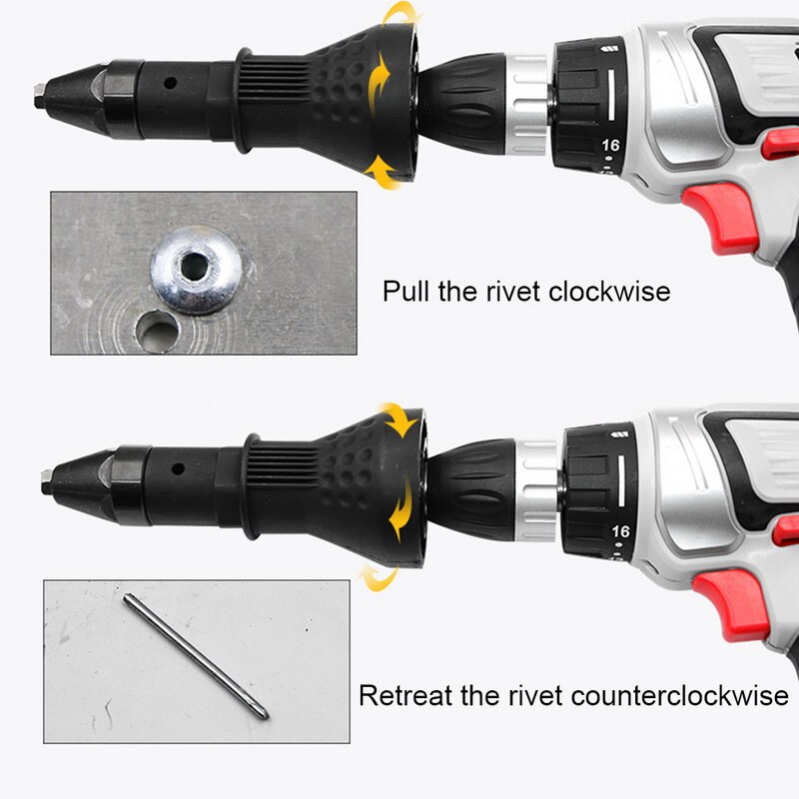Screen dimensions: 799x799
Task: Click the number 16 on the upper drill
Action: click(610, 145)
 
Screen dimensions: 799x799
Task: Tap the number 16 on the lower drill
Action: click(621, 531)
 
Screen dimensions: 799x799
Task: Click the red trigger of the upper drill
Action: click(721, 216)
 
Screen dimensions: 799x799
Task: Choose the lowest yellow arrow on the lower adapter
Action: click(376, 577)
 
